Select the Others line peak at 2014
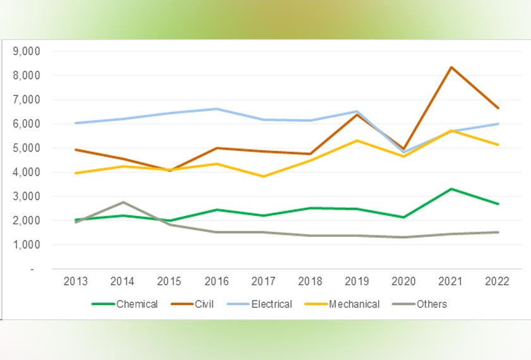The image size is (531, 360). point(123,202)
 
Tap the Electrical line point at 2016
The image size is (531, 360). point(217,109)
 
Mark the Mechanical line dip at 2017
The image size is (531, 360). point(264,176)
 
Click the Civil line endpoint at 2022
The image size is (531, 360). point(497,108)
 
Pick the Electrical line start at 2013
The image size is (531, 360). point(76,123)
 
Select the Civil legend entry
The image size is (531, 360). point(192,304)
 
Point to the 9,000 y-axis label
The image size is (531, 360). point(27,51)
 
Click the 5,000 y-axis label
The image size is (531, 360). point(27,148)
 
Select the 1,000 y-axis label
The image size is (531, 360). point(27,244)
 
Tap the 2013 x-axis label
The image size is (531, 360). point(76,282)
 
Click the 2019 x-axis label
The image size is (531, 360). point(357,282)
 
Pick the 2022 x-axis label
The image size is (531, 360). point(497,282)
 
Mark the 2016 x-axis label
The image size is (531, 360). point(217,282)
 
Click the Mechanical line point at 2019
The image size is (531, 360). point(357,140)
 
